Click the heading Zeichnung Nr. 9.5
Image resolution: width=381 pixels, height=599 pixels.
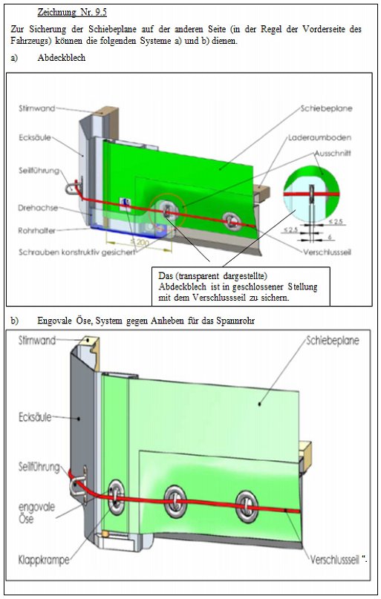(72, 12)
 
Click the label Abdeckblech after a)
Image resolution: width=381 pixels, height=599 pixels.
(61, 58)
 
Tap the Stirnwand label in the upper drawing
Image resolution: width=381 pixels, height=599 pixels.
(36, 108)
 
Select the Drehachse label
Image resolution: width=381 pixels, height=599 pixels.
(38, 208)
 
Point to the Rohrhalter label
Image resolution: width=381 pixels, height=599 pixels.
(36, 231)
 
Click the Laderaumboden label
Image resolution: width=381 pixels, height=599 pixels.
(319, 137)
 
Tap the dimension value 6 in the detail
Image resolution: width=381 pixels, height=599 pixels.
(330, 238)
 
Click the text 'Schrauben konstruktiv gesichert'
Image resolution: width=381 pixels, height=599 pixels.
(76, 252)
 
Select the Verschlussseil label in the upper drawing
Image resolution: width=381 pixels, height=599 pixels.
(327, 252)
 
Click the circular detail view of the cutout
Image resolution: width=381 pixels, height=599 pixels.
(311, 193)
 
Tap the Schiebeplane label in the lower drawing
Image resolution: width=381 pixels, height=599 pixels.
(333, 341)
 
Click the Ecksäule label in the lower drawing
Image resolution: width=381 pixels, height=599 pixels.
(35, 417)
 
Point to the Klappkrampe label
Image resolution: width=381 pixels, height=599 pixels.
(44, 560)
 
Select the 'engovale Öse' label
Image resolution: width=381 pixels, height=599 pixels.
(36, 513)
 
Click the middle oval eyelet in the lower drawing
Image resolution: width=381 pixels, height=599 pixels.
(175, 502)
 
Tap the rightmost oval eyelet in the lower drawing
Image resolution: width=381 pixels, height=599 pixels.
(247, 507)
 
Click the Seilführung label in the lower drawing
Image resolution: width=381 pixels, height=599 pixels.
(39, 467)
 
